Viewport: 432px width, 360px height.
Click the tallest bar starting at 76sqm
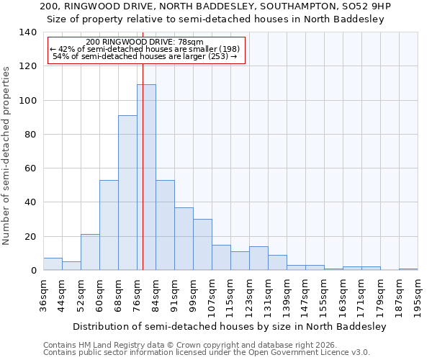tap(146, 177)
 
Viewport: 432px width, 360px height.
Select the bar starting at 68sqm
tap(127, 193)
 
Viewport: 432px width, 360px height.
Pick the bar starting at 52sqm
tap(90, 252)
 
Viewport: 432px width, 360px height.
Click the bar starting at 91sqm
tap(184, 239)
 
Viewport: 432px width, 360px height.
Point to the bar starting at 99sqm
tap(202, 245)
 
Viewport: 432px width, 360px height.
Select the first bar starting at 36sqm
tap(53, 264)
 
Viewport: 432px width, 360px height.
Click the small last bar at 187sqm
tap(408, 269)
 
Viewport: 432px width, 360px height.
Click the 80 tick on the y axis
tap(30, 135)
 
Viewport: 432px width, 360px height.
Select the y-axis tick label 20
tap(30, 237)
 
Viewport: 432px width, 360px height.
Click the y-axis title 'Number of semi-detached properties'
tap(7, 155)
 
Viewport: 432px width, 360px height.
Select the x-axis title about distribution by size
tap(230, 326)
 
